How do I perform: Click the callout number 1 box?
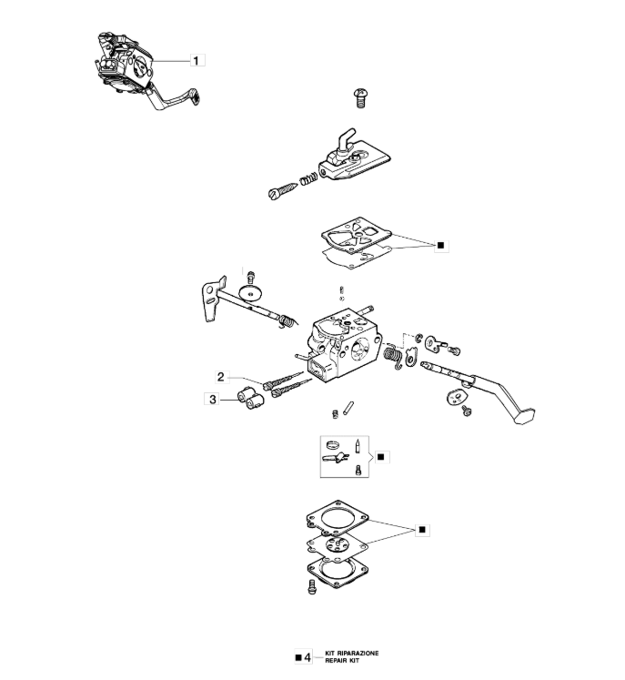point(197,60)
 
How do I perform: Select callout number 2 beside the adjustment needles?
point(220,375)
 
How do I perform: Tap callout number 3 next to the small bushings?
point(212,398)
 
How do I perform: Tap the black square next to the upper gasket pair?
point(441,245)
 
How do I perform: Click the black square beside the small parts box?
point(380,455)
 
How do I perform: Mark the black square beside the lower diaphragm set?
point(422,528)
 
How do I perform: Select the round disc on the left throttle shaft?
point(249,293)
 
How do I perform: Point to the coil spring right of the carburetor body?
point(393,355)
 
